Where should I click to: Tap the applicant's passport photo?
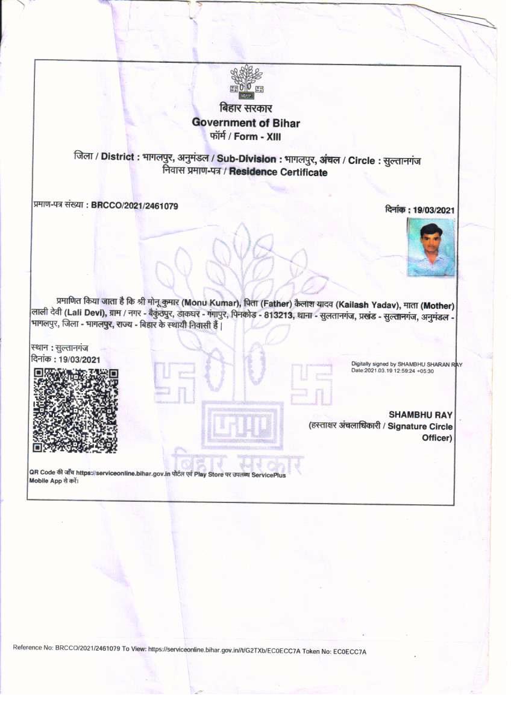(430, 247)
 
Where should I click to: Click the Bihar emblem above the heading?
(246, 83)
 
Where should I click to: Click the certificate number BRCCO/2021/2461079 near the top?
(134, 206)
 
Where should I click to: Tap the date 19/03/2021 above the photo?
(433, 210)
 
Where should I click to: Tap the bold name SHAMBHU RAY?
(421, 414)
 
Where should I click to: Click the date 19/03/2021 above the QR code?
(78, 359)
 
